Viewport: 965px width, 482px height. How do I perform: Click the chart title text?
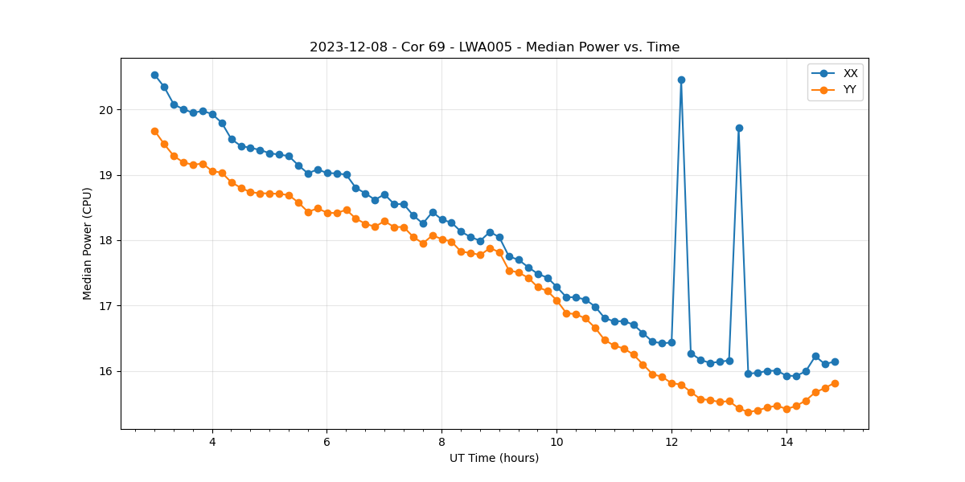[x=495, y=47]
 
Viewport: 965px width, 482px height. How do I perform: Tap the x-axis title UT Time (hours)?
[x=494, y=458]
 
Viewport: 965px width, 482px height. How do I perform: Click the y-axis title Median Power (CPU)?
[x=88, y=243]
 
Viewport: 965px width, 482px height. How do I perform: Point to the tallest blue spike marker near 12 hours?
[x=681, y=80]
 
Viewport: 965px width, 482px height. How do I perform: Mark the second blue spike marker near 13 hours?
[x=739, y=128]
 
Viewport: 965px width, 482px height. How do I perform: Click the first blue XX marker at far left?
[x=154, y=75]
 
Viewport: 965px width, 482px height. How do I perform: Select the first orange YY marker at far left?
[x=154, y=131]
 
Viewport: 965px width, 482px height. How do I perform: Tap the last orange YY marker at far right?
[x=835, y=383]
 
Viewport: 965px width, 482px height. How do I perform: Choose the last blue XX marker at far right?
[x=835, y=361]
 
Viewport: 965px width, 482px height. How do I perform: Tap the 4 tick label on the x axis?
[x=212, y=442]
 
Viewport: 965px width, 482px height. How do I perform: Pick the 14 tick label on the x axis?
[x=786, y=442]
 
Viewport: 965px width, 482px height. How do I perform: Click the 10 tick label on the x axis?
[x=556, y=442]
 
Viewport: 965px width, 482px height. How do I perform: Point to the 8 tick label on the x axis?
[x=441, y=442]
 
